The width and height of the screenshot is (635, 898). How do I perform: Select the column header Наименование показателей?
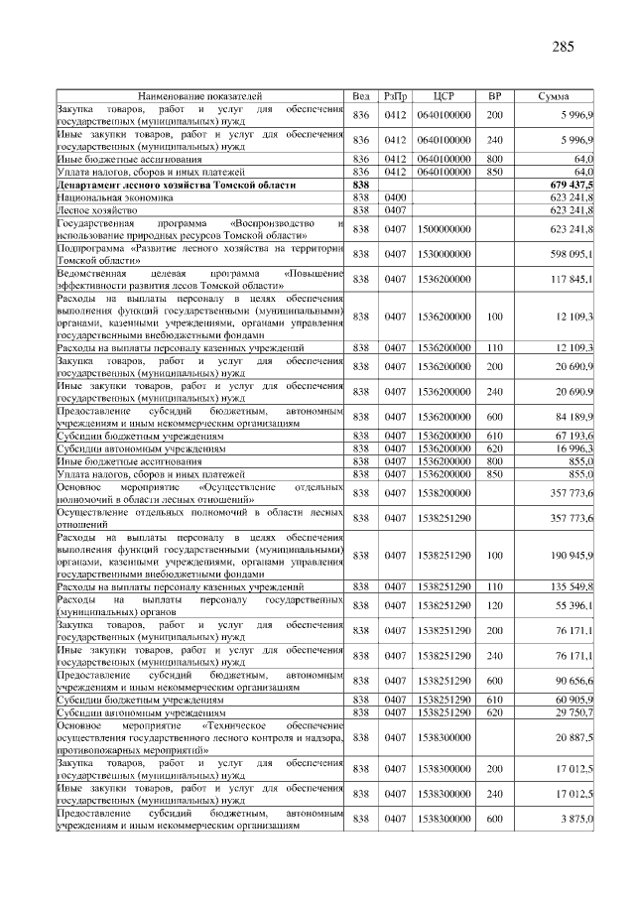point(199,95)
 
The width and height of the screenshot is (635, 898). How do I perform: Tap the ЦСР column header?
point(444,95)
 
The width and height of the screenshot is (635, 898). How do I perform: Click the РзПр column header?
point(395,95)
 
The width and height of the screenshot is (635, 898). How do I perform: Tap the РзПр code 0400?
point(395,198)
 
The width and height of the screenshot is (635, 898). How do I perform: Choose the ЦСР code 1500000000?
point(444,229)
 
